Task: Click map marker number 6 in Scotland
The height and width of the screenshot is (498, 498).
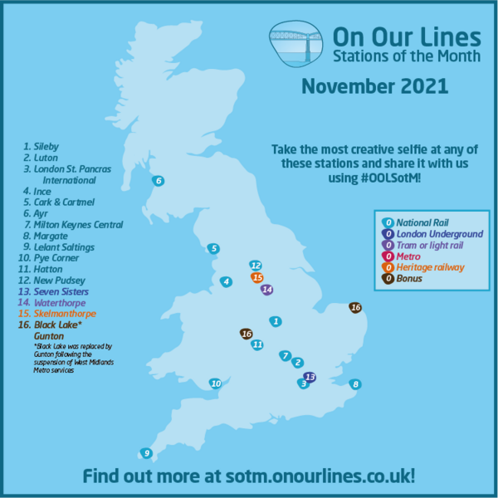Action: tap(159, 180)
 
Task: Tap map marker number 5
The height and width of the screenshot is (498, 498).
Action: tap(213, 248)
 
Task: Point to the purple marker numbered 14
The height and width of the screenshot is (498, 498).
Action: tap(267, 290)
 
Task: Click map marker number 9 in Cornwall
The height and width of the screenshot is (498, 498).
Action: tap(147, 453)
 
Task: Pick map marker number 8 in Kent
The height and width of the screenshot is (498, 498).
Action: tap(355, 383)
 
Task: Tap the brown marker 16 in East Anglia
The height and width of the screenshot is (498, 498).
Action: tap(356, 308)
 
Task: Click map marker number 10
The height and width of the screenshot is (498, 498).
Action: tap(216, 383)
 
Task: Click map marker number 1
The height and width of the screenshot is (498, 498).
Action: tap(276, 321)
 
